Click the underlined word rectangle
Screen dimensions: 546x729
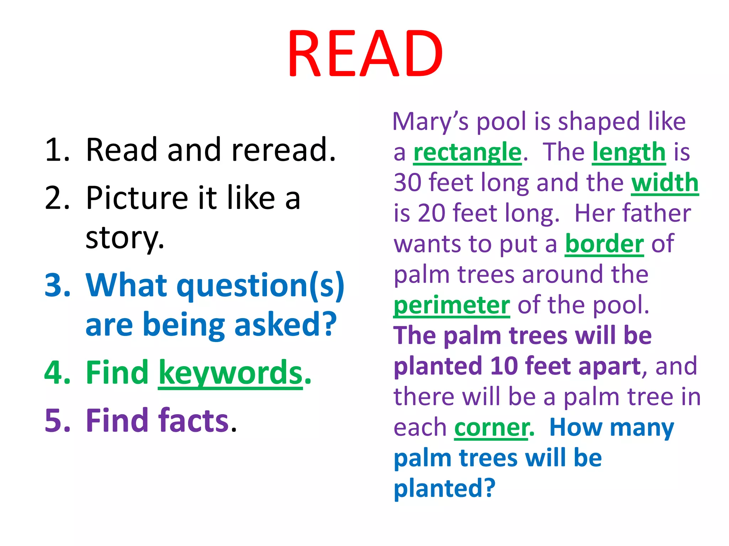(x=467, y=152)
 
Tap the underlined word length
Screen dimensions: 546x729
(x=629, y=152)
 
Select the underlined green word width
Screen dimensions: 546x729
(x=665, y=183)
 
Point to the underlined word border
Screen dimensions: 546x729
(x=604, y=244)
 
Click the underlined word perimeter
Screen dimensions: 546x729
(x=451, y=305)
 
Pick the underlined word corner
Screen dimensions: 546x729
(x=491, y=428)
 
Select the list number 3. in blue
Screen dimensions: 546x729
(x=58, y=285)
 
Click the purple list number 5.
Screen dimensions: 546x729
(x=58, y=421)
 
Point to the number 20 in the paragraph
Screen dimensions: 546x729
(x=431, y=213)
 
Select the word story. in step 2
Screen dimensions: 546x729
(x=125, y=237)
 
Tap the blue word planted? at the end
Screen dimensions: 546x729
(x=444, y=488)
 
